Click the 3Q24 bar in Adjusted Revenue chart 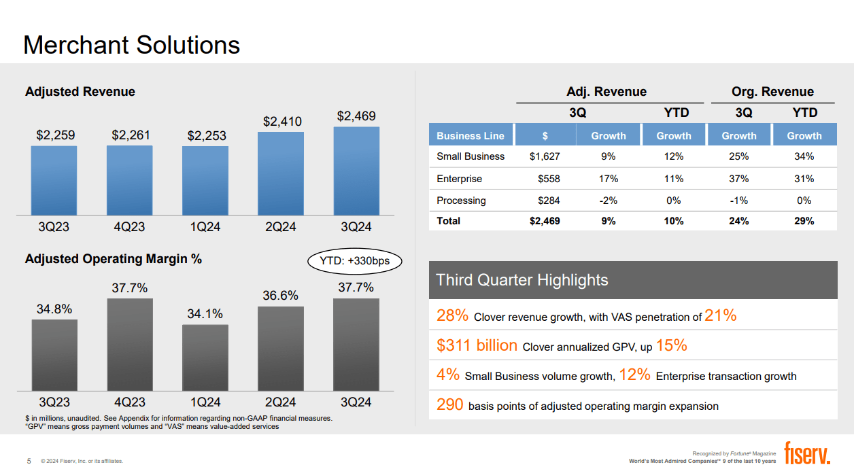click(356, 171)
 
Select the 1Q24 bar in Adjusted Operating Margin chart click(205, 358)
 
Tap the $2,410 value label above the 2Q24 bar click(282, 122)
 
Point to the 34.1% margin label click(205, 314)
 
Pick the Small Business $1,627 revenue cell click(545, 156)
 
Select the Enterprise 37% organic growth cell click(738, 179)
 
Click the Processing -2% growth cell click(608, 201)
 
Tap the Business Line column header click(471, 135)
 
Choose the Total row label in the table click(449, 221)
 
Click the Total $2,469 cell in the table click(545, 221)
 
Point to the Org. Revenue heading click(772, 92)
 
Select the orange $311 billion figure click(477, 345)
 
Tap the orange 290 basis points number click(450, 406)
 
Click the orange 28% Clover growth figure click(452, 315)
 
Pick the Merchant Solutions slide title click(132, 45)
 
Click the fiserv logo click(807, 453)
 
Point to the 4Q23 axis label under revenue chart click(129, 227)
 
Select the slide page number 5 click(29, 461)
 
